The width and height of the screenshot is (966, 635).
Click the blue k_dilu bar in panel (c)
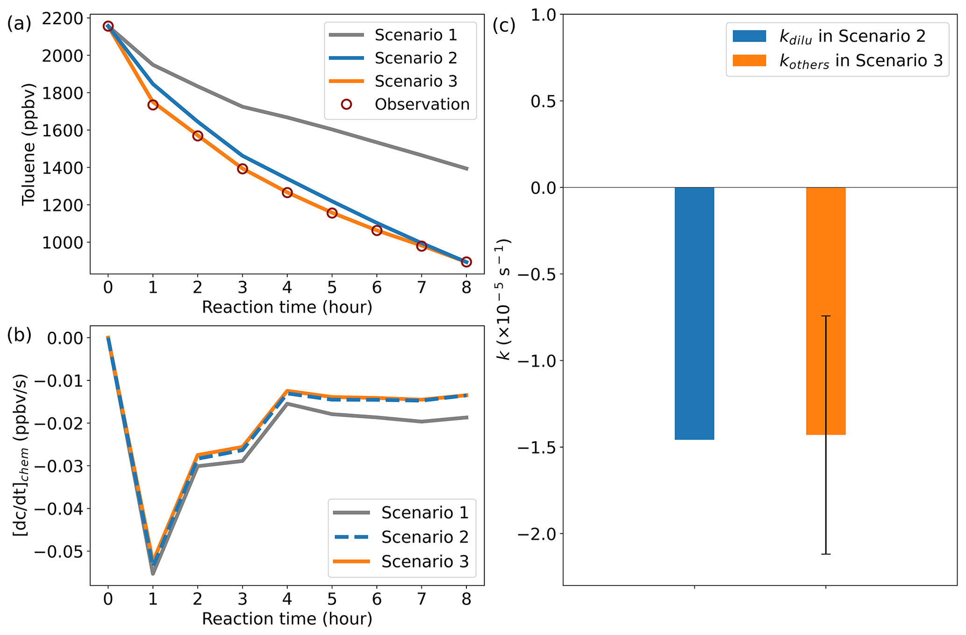pos(694,313)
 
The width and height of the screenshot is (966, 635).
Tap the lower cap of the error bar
pos(826,554)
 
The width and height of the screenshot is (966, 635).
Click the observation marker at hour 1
pos(153,105)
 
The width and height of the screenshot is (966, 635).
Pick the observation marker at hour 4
pos(287,193)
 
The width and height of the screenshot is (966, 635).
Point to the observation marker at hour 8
pos(466,262)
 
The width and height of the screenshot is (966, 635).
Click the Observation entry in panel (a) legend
pos(422,104)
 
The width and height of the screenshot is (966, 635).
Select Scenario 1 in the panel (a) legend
pos(415,35)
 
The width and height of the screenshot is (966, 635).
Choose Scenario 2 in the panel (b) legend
pos(424,537)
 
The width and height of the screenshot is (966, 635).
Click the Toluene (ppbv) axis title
pos(29,144)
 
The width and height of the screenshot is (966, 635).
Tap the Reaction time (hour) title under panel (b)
pos(287,619)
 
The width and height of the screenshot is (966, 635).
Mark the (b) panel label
pos(19,335)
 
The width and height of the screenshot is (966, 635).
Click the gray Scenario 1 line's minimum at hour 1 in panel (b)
pos(153,573)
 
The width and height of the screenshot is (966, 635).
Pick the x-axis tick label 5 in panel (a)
pos(332,287)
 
